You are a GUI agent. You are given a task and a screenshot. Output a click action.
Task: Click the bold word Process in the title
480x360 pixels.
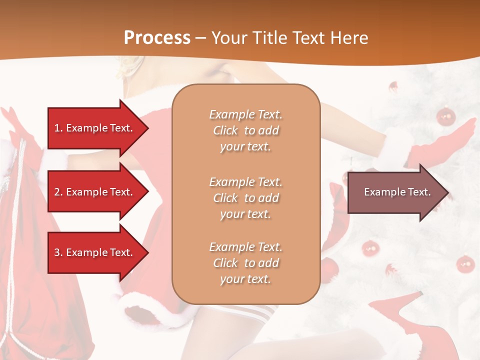[157, 38]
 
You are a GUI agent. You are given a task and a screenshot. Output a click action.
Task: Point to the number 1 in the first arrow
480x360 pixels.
[57, 128]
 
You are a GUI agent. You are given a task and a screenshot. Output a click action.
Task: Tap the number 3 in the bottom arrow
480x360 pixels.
[57, 252]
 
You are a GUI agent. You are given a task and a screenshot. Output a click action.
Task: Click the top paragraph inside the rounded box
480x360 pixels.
[245, 130]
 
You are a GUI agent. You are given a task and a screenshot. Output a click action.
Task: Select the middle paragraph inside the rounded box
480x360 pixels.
[245, 198]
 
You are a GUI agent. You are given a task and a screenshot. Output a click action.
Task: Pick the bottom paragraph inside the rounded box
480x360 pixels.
[245, 263]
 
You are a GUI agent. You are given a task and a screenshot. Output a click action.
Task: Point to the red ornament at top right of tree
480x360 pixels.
[445, 116]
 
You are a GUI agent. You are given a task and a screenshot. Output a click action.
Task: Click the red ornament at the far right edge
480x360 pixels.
[465, 263]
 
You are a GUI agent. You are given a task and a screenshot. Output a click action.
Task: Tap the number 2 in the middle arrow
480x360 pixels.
[57, 192]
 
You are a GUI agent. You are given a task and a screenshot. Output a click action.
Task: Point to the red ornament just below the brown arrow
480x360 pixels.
[370, 247]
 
